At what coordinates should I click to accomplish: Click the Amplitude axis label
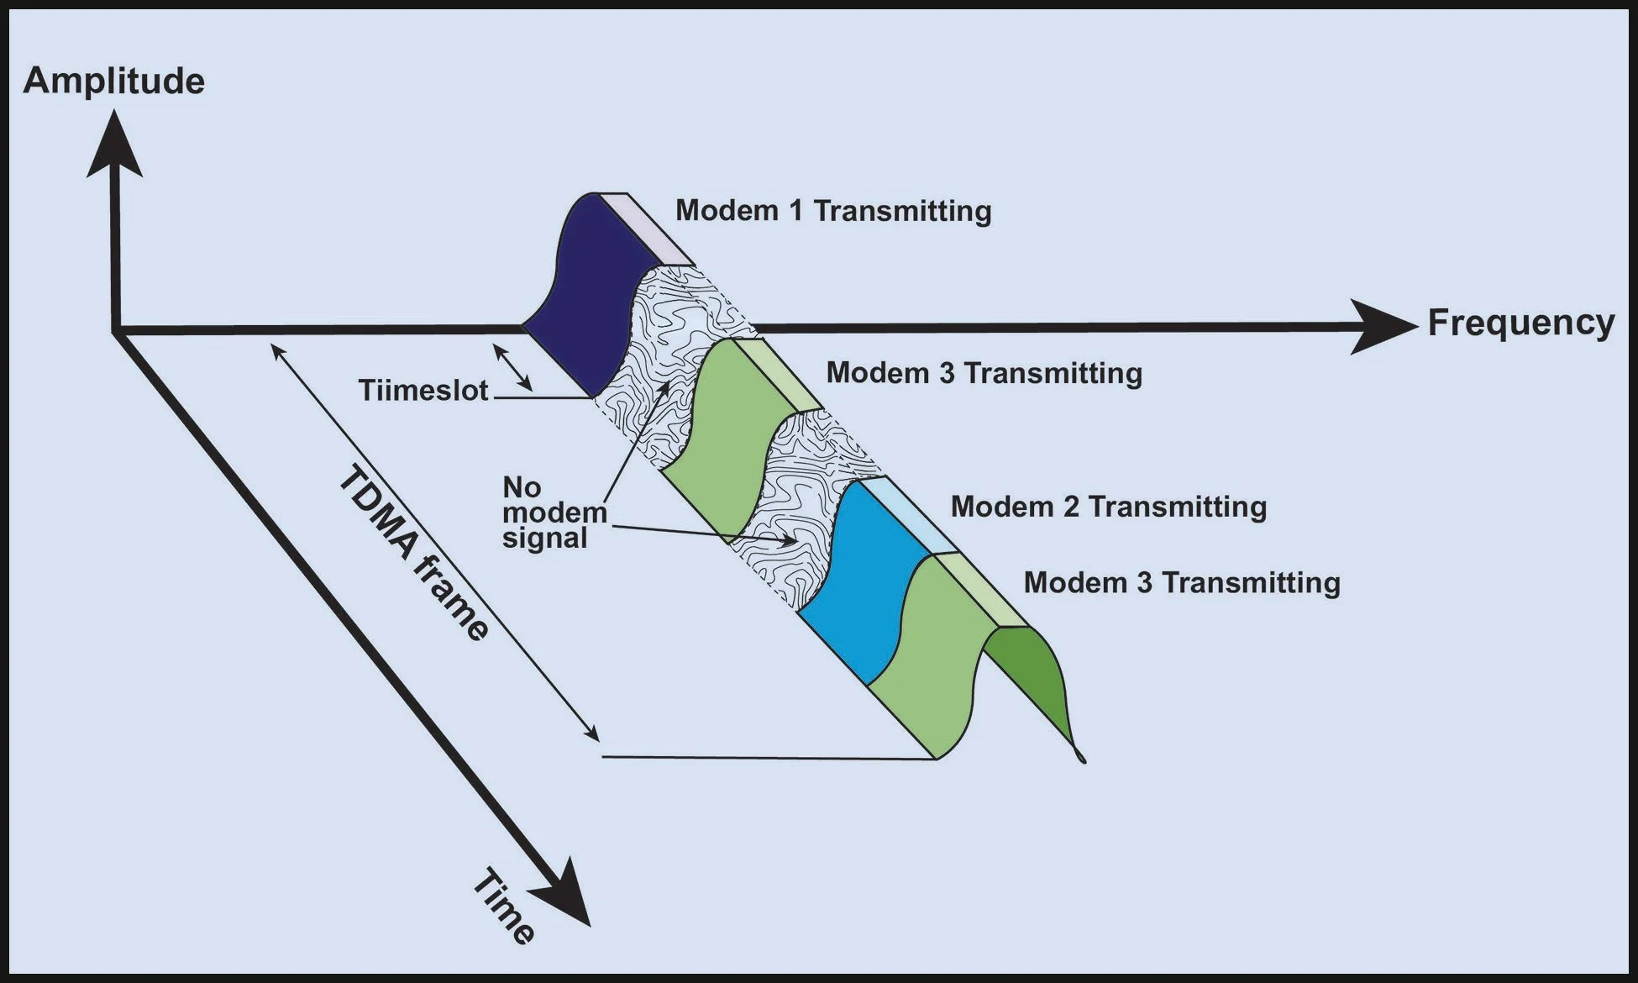pyautogui.click(x=114, y=81)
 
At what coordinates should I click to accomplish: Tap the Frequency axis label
pyautogui.click(x=1520, y=323)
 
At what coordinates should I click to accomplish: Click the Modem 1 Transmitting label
pyautogui.click(x=833, y=210)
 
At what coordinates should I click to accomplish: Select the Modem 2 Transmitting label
pyautogui.click(x=1108, y=507)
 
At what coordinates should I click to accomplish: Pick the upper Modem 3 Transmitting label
pyautogui.click(x=984, y=372)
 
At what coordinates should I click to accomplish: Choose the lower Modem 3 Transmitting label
pyautogui.click(x=1181, y=582)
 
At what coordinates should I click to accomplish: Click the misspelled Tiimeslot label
pyautogui.click(x=423, y=391)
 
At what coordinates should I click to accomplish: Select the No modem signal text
pyautogui.click(x=553, y=513)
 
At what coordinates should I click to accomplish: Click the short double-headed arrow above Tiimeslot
pyautogui.click(x=512, y=368)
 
